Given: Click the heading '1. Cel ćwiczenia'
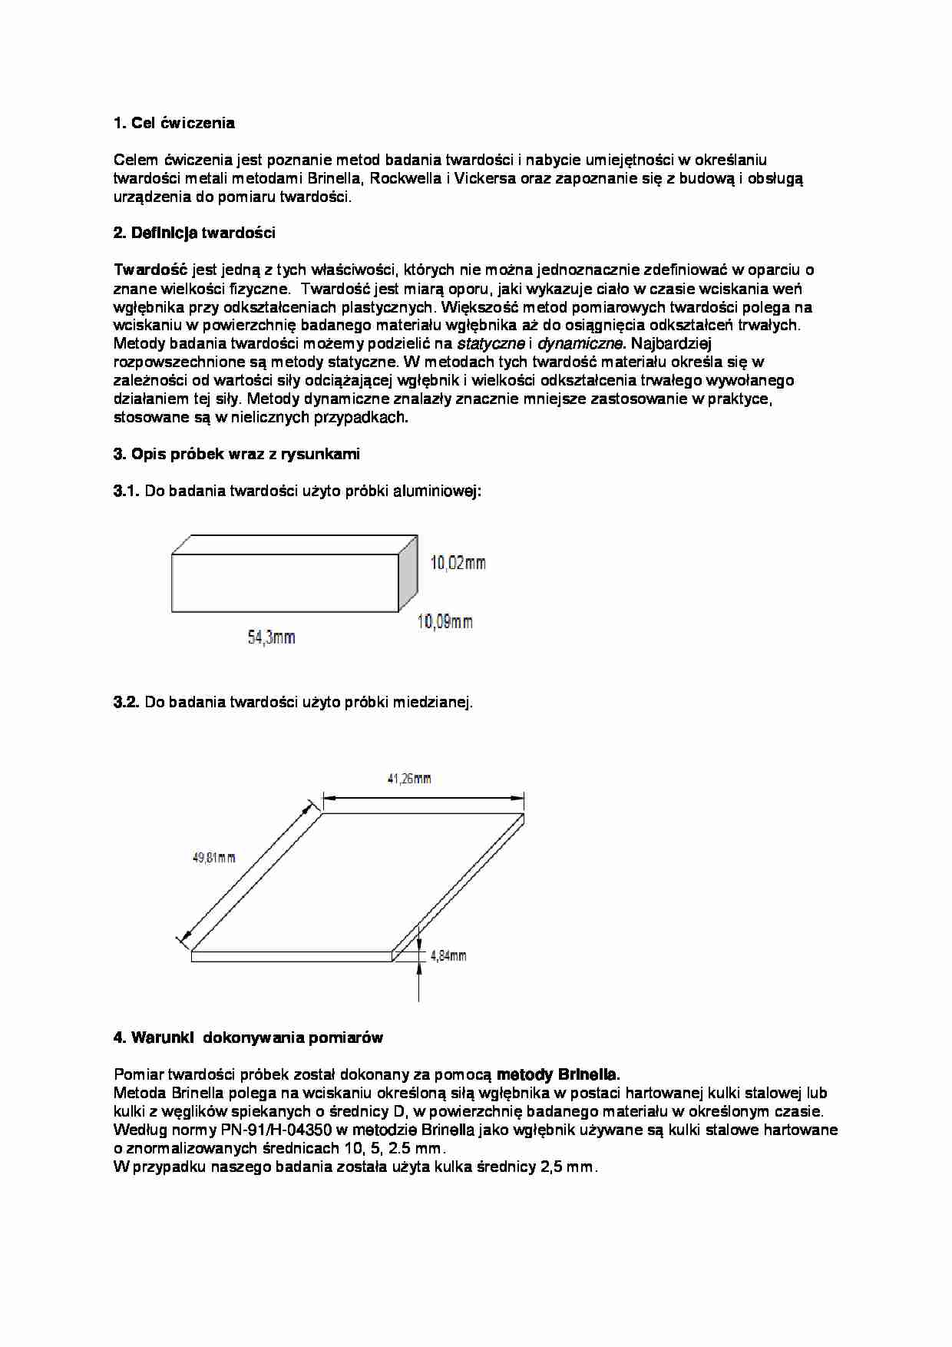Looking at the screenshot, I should (x=174, y=123).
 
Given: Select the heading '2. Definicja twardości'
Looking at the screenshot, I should (x=194, y=233).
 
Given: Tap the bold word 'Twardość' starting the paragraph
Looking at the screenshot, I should (x=150, y=270).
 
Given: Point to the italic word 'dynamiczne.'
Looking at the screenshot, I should (x=581, y=343).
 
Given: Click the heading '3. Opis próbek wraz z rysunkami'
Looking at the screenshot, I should (x=236, y=454).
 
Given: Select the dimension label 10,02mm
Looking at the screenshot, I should (x=458, y=563).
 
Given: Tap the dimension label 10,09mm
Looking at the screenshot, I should (x=445, y=621).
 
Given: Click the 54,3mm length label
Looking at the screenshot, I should (x=271, y=637).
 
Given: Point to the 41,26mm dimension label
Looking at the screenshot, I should (x=408, y=779).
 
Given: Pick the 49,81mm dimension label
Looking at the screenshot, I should (x=213, y=858).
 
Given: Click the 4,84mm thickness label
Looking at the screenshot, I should (x=448, y=956).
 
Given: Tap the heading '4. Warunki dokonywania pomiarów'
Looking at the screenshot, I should (x=248, y=1038).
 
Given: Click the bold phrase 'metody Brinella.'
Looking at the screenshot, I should (x=558, y=1074).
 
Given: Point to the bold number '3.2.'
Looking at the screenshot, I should (x=127, y=702).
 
